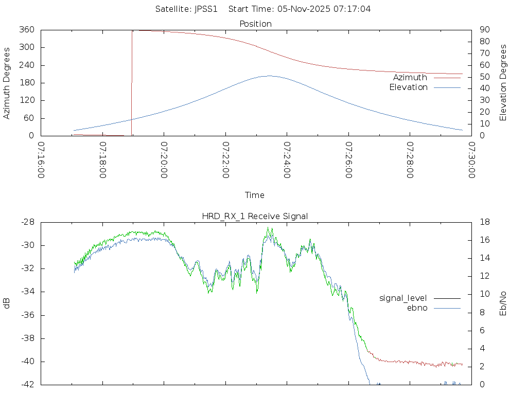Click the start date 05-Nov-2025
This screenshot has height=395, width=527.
point(305,9)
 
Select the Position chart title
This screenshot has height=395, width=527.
point(255,24)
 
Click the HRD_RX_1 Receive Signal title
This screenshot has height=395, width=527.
point(255,216)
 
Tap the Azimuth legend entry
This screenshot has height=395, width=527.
point(410,78)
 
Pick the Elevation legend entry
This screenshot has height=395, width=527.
point(408,87)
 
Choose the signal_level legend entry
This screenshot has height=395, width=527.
point(403,298)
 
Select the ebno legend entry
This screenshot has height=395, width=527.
point(417,308)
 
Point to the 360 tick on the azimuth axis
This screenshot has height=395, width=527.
point(27,30)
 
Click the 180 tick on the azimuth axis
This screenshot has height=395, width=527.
point(27,83)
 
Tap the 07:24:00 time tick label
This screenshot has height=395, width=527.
point(286,160)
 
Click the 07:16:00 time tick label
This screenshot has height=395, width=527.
point(41,160)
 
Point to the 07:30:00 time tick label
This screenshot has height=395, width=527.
point(471,160)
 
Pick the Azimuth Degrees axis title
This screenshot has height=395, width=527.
point(7,83)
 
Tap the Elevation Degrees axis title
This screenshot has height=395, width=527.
point(503,83)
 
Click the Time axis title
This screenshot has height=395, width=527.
point(255,195)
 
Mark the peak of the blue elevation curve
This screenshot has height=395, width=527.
point(269,76)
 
